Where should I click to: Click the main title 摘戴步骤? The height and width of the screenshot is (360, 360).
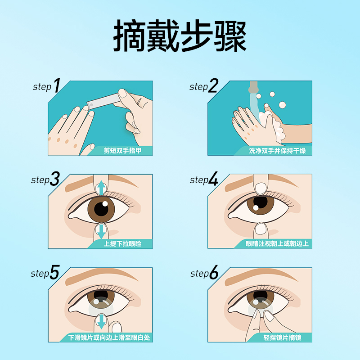click(180, 36)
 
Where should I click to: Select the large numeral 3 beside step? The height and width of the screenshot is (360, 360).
click(55, 179)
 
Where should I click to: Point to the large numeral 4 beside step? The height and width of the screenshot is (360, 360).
click(213, 179)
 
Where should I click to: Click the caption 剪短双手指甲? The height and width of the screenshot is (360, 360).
click(122, 151)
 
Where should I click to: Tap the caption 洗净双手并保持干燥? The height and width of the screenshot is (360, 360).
click(277, 151)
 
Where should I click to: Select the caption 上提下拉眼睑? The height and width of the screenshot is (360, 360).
click(122, 244)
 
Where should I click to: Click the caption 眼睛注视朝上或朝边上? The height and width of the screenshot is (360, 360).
click(277, 244)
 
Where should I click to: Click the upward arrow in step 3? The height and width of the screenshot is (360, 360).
click(102, 188)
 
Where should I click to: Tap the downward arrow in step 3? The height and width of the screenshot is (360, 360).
click(102, 231)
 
